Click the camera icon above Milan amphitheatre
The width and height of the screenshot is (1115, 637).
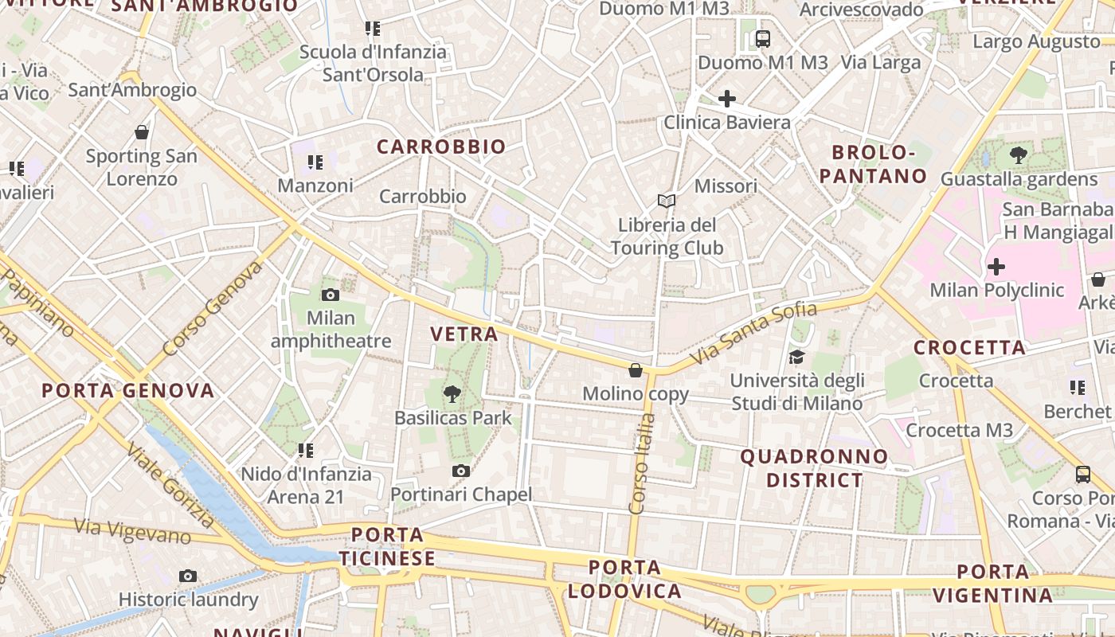coord(331,295)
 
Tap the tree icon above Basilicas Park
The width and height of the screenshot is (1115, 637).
coord(452,393)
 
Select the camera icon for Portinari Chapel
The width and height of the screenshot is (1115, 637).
coord(460,471)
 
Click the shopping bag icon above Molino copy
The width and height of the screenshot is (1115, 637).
coord(636,370)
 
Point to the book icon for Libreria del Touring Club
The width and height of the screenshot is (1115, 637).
coord(667,201)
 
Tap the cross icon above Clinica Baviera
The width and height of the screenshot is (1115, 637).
coord(726,99)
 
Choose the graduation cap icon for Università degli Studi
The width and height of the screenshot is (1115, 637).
coord(796,357)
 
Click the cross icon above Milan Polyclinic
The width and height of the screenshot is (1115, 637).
coord(996,266)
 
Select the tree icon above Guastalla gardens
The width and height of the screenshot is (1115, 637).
coord(1018,154)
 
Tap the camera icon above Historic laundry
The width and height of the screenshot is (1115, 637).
coord(188,576)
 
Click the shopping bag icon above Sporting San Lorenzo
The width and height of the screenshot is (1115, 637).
coord(142,131)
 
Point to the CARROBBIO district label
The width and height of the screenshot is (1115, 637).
coord(441,147)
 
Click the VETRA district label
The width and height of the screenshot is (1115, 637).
coord(464,334)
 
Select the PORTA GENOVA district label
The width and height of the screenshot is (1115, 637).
coord(128,391)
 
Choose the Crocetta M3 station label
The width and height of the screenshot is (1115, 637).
coord(959,431)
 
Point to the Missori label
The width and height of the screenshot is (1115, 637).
coord(726,186)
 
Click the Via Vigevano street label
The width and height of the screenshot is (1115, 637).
coord(132,530)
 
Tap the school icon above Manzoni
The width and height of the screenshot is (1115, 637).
coord(315,162)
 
